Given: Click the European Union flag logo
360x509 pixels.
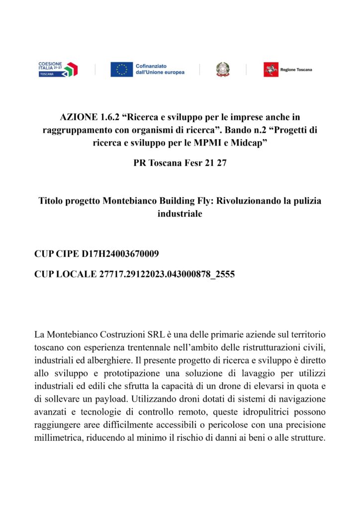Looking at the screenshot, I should [121, 69].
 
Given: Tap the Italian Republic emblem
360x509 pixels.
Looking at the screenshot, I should [223, 69].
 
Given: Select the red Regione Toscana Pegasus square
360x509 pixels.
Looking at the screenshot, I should [271, 69].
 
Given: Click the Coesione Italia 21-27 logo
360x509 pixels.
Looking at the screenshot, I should [58, 69].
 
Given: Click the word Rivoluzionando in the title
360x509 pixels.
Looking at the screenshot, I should [254, 201].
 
